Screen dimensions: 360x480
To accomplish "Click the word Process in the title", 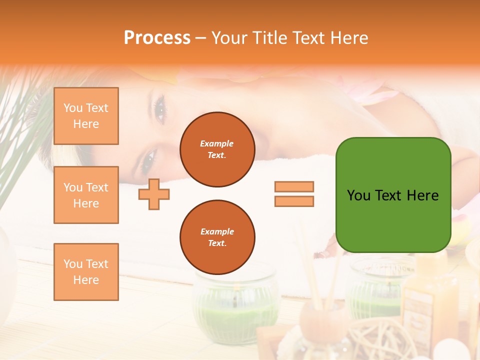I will pyautogui.click(x=157, y=38).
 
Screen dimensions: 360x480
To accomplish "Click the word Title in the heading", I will pyautogui.click(x=268, y=38).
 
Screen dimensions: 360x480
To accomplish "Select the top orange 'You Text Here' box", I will pyautogui.click(x=86, y=116).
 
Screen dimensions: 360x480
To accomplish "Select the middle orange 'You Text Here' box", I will pyautogui.click(x=86, y=195).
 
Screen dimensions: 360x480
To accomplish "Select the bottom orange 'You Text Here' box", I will pyautogui.click(x=86, y=272).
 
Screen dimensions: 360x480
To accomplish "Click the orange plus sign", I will pyautogui.click(x=154, y=194).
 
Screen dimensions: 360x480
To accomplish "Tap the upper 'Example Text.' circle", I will pyautogui.click(x=217, y=149).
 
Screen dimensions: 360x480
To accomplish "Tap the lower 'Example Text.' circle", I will pyautogui.click(x=217, y=237).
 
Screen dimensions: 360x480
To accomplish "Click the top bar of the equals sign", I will pyautogui.click(x=294, y=186).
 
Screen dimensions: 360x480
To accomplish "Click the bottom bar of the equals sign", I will pyautogui.click(x=294, y=201).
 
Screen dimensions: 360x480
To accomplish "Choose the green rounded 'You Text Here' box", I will pyautogui.click(x=393, y=195).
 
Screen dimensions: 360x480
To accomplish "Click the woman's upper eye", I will pyautogui.click(x=160, y=109).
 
